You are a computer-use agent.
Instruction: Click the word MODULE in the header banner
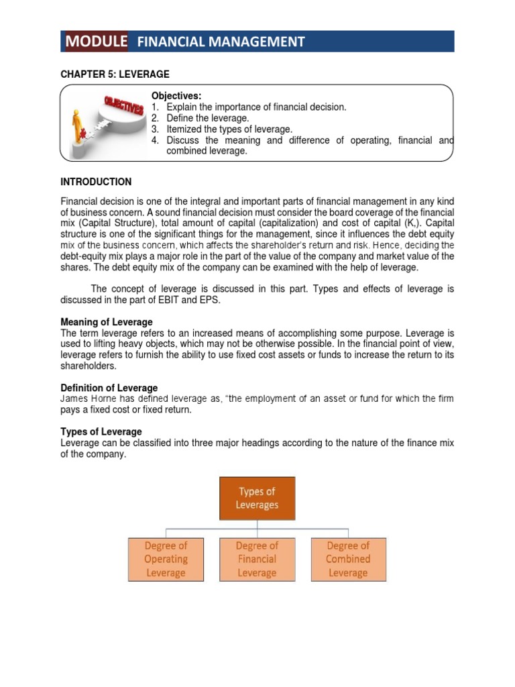[x=96, y=42]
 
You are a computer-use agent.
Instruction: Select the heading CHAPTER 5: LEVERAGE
[x=115, y=74]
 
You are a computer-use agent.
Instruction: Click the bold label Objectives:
[x=176, y=97]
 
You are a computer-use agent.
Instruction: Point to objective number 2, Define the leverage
[x=207, y=118]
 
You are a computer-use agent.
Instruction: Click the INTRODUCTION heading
[x=96, y=182]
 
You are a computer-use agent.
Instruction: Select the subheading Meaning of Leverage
[x=107, y=322]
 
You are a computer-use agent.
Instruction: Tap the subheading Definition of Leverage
[x=109, y=388]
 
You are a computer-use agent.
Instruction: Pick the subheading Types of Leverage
[x=101, y=431]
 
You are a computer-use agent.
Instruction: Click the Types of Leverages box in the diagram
[x=257, y=498]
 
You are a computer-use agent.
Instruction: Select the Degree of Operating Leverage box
[x=166, y=559]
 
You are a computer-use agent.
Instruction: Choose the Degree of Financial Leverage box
[x=257, y=559]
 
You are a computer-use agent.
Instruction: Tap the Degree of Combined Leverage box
[x=348, y=559]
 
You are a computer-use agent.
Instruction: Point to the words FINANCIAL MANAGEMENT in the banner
[x=221, y=42]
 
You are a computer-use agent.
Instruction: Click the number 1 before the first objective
[x=154, y=107]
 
